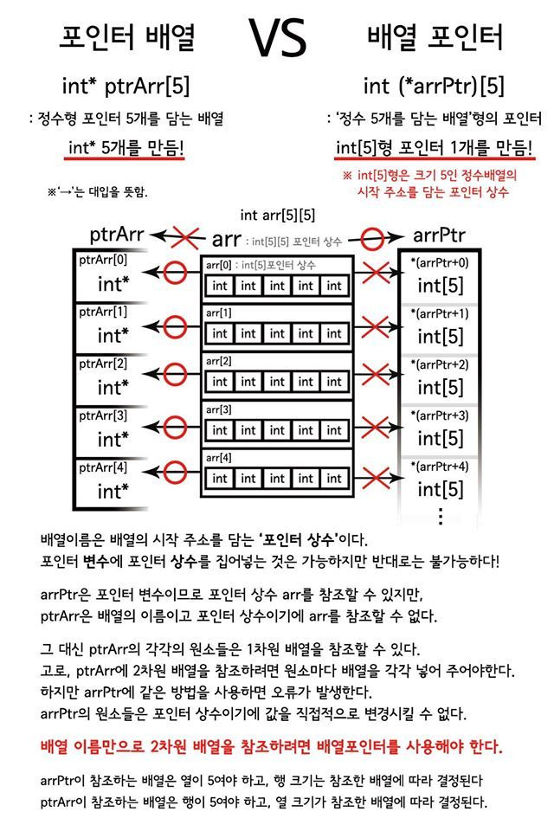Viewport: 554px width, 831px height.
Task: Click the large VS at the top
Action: (277, 39)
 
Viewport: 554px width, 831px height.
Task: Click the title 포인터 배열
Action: (127, 38)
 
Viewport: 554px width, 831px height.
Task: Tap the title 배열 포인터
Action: (435, 38)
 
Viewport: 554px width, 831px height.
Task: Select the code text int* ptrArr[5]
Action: (126, 87)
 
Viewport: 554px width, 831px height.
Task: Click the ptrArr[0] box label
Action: (102, 260)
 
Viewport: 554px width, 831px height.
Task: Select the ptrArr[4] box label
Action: (102, 467)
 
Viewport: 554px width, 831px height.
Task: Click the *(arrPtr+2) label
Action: (439, 364)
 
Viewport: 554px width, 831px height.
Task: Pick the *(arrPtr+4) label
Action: (439, 467)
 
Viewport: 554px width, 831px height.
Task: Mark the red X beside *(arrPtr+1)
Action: (376, 326)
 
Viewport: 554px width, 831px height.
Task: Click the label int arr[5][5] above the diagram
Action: (277, 214)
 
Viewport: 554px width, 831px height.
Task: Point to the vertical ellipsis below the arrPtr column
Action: (441, 516)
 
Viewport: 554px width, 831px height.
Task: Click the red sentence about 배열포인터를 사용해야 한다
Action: (272, 746)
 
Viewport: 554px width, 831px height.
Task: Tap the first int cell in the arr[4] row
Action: (220, 478)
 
